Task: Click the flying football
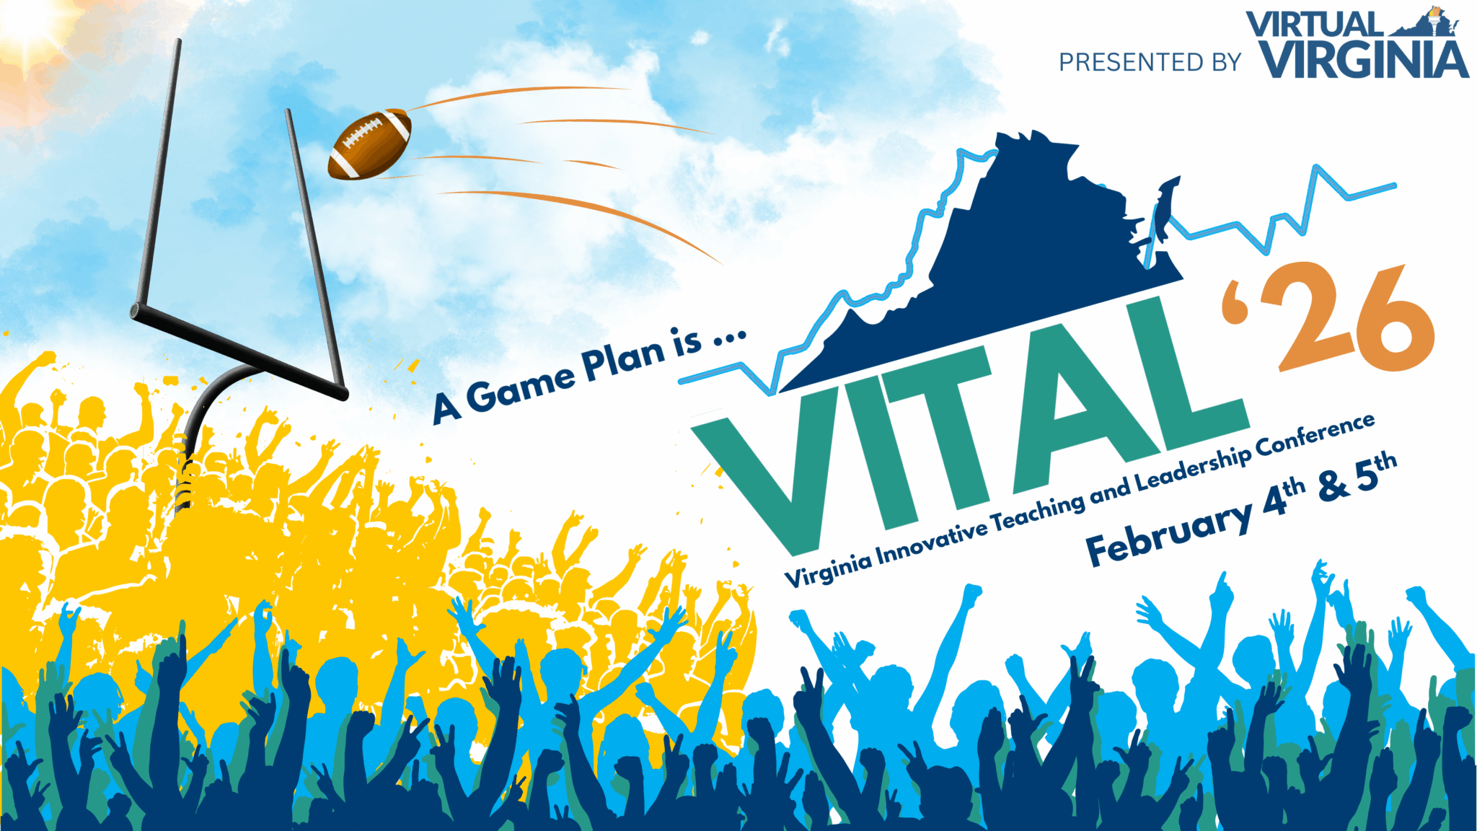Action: (369, 144)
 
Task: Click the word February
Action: (1168, 532)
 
